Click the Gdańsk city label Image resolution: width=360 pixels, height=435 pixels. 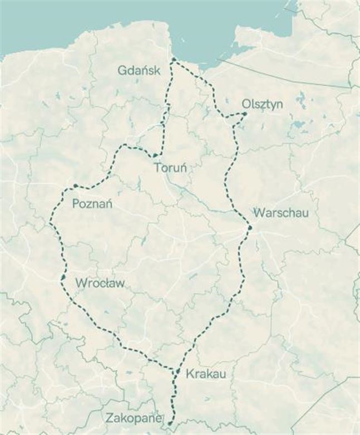tap(139, 70)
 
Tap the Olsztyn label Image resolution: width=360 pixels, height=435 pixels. tap(263, 104)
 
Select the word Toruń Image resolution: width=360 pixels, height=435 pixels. tap(171, 167)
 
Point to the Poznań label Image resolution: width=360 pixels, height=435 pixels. tap(92, 204)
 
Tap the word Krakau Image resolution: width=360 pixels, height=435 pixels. tap(206, 374)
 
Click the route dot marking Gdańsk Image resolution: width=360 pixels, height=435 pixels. tap(174, 59)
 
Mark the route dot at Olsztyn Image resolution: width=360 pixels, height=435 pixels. tap(245, 114)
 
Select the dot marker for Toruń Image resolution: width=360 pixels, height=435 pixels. tap(155, 155)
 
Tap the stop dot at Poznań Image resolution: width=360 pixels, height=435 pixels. tap(75, 185)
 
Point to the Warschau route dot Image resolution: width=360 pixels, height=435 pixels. tap(250, 227)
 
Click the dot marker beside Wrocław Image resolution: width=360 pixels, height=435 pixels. tap(63, 277)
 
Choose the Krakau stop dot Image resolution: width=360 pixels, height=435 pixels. tap(178, 371)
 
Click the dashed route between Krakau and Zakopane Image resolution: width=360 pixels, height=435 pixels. tap(174, 397)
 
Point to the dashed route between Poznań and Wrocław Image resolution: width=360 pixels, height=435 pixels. tap(56, 234)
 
